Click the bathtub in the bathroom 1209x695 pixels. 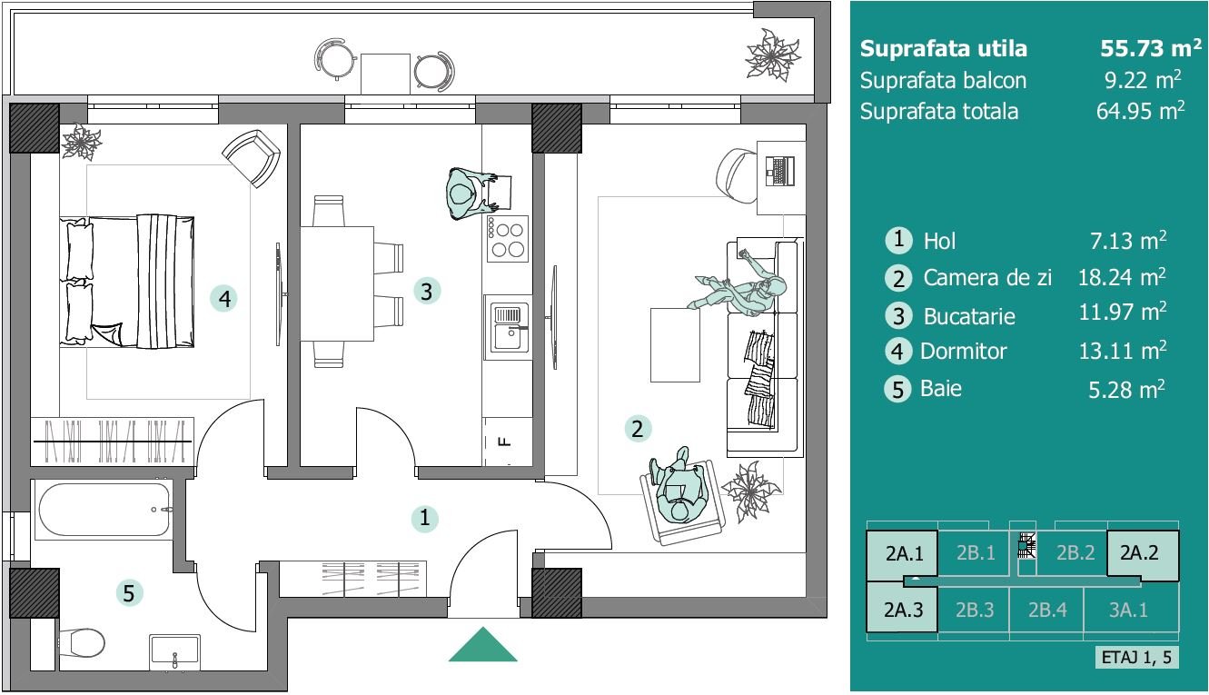pyautogui.click(x=104, y=510)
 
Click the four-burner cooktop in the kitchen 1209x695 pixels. pyautogui.click(x=508, y=239)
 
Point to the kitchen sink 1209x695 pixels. pyautogui.click(x=508, y=327)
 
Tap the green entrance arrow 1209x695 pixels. pyautogui.click(x=482, y=644)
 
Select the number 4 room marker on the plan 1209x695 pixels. pyautogui.click(x=224, y=298)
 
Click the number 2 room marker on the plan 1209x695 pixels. pyautogui.click(x=638, y=429)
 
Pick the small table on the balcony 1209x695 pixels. pyautogui.click(x=385, y=74)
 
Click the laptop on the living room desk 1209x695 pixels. pyautogui.click(x=780, y=171)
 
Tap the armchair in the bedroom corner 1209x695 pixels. pyautogui.click(x=252, y=158)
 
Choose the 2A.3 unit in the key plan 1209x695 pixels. pyautogui.click(x=902, y=609)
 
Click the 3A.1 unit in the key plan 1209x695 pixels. pyautogui.click(x=1128, y=610)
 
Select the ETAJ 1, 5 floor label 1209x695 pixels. pyautogui.click(x=1136, y=657)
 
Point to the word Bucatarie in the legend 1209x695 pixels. pyautogui.click(x=969, y=316)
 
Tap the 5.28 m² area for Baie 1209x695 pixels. pyautogui.click(x=1126, y=389)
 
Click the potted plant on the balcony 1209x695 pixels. pyautogui.click(x=772, y=55)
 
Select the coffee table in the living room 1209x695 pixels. pyautogui.click(x=675, y=345)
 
